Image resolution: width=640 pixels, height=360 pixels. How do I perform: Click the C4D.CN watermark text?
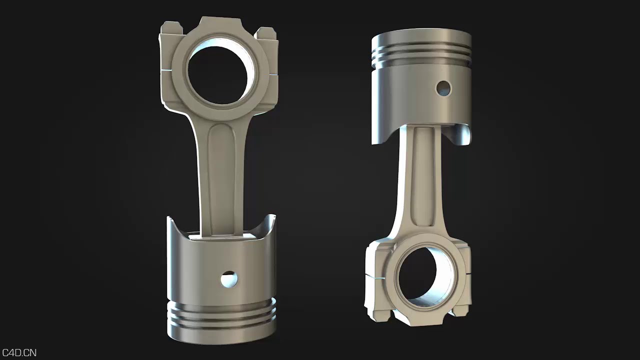[19, 353]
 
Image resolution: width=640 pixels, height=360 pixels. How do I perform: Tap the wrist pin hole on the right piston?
[443, 88]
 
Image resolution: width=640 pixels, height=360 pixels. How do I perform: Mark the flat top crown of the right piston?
[421, 36]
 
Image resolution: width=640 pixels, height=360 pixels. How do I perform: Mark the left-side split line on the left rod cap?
[165, 72]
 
